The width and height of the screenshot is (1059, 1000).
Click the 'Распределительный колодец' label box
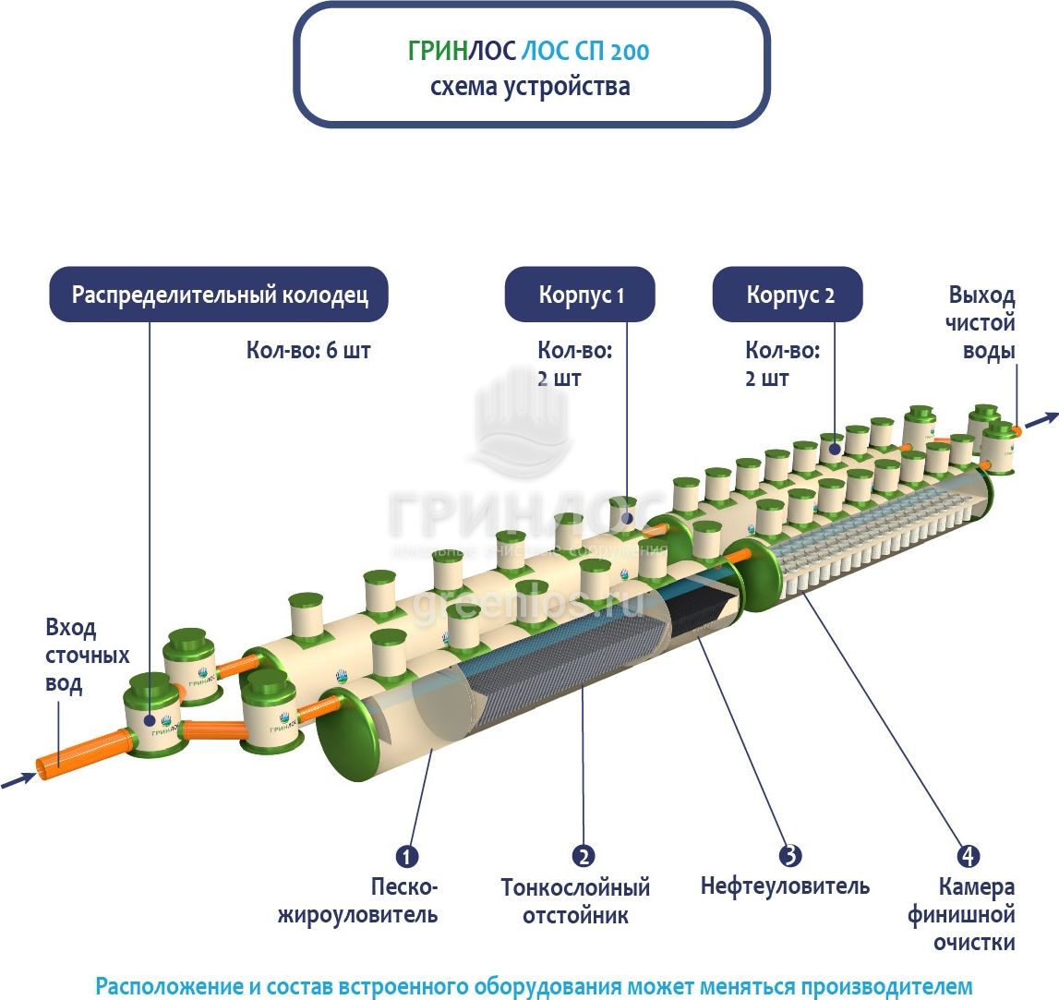click(x=219, y=295)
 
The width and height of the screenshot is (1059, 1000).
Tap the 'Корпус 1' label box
click(x=581, y=295)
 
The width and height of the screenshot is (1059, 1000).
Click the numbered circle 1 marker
click(x=407, y=855)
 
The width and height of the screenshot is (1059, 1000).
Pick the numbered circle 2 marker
click(x=583, y=855)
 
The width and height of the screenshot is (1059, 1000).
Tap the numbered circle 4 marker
click(x=968, y=855)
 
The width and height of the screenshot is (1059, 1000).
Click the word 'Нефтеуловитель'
click(x=785, y=886)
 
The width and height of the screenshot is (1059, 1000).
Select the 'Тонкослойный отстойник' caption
click(x=575, y=901)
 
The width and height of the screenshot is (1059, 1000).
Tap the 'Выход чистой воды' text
click(x=982, y=323)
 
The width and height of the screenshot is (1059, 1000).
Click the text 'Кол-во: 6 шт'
click(x=308, y=351)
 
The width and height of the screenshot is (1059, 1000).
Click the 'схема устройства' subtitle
click(x=530, y=87)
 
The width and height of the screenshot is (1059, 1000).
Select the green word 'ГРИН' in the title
click(x=438, y=51)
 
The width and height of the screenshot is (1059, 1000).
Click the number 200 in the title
click(x=631, y=51)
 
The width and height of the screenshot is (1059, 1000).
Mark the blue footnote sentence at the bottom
click(x=534, y=984)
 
